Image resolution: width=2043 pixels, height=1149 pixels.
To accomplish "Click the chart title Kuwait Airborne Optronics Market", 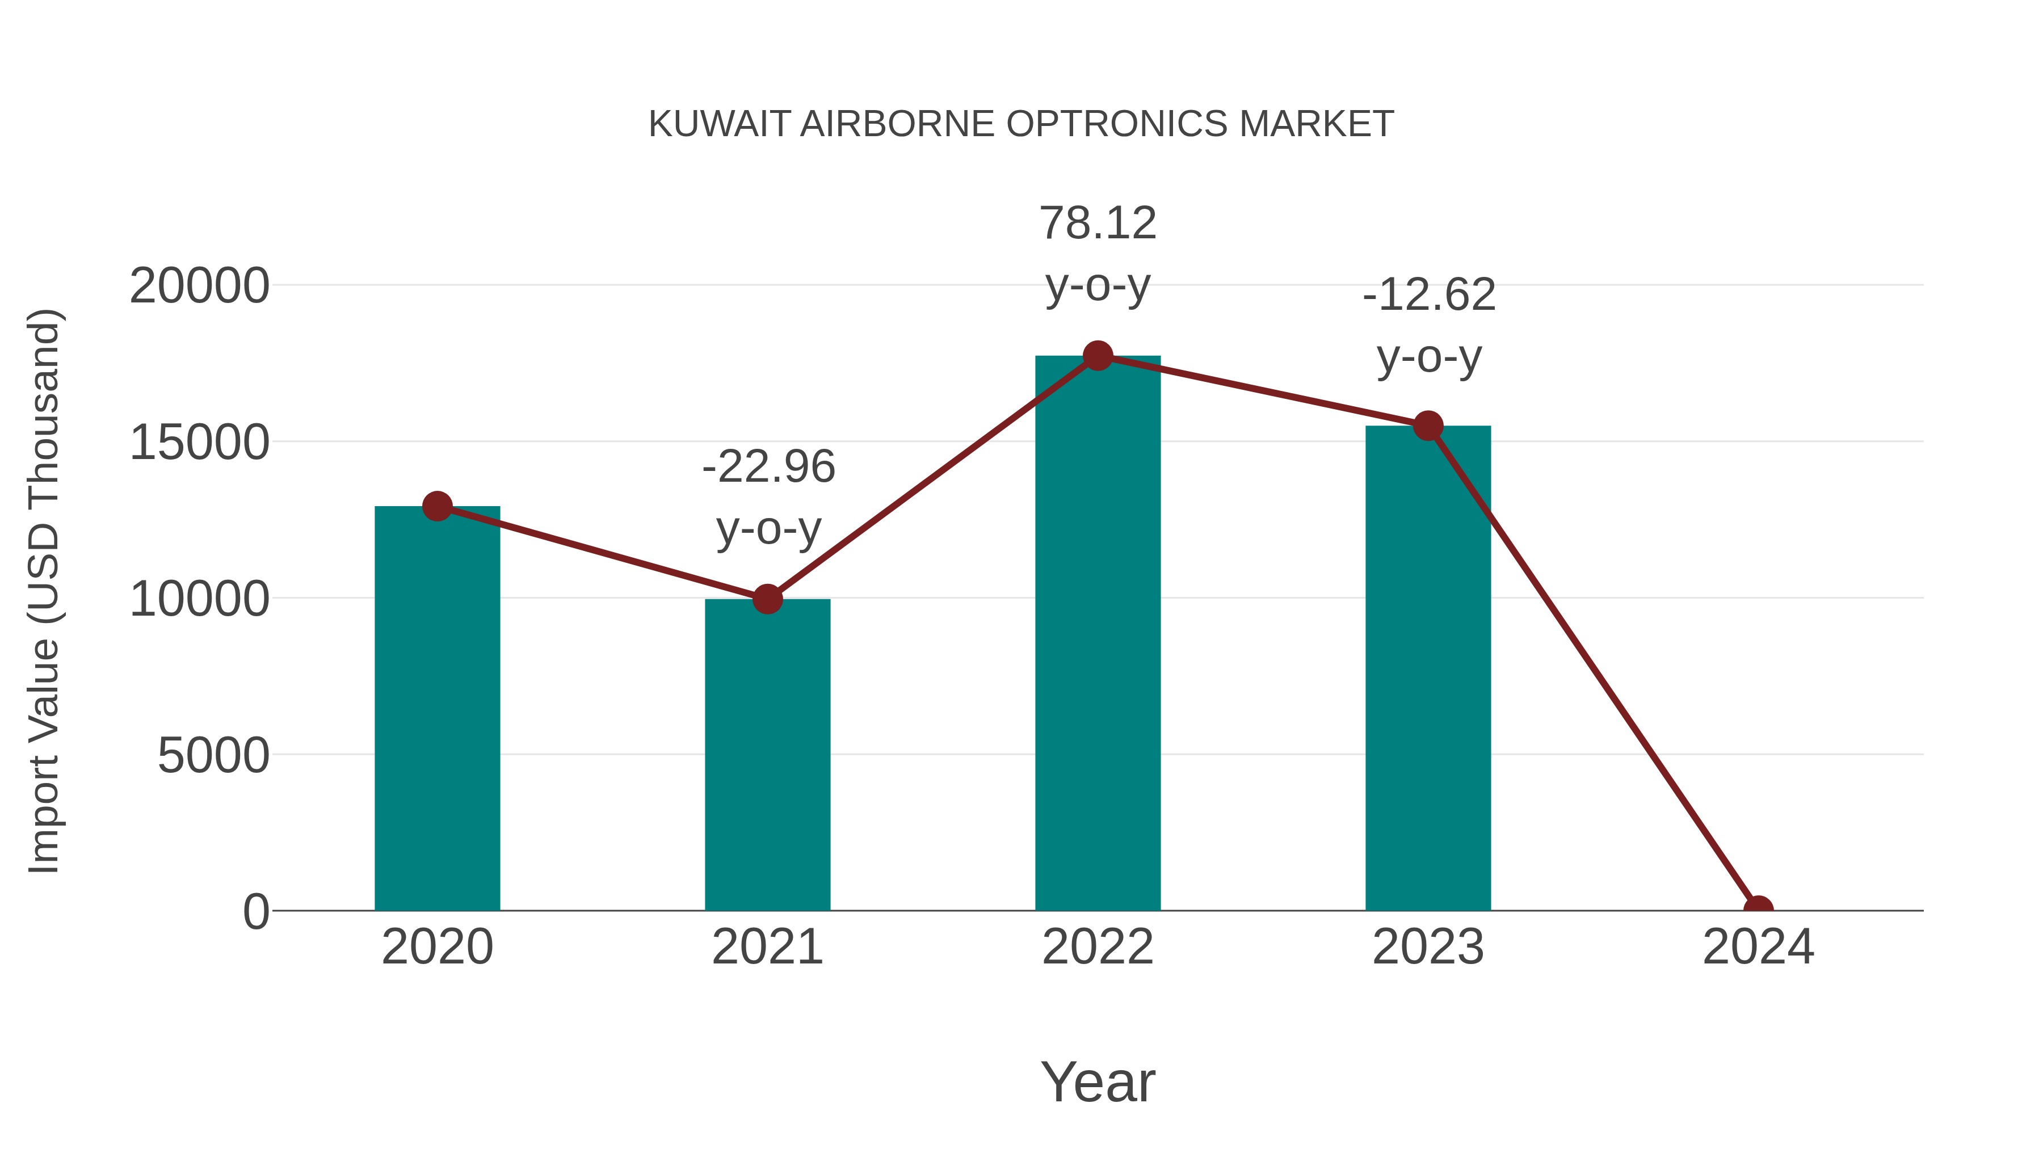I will point(1021,124).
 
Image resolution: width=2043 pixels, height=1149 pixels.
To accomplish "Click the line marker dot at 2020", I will point(437,506).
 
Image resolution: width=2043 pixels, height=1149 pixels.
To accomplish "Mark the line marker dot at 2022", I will point(1098,356).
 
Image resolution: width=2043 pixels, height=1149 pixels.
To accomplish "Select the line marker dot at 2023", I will point(1428,426).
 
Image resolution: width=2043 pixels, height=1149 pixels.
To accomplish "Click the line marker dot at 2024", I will point(1758,909).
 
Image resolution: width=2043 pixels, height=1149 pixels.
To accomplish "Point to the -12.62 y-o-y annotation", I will point(1429,326).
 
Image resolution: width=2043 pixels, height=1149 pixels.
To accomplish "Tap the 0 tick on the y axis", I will point(255,911).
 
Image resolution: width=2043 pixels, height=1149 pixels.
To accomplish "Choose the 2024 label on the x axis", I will point(1758,947).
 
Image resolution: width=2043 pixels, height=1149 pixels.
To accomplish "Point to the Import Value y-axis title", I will point(44,591).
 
